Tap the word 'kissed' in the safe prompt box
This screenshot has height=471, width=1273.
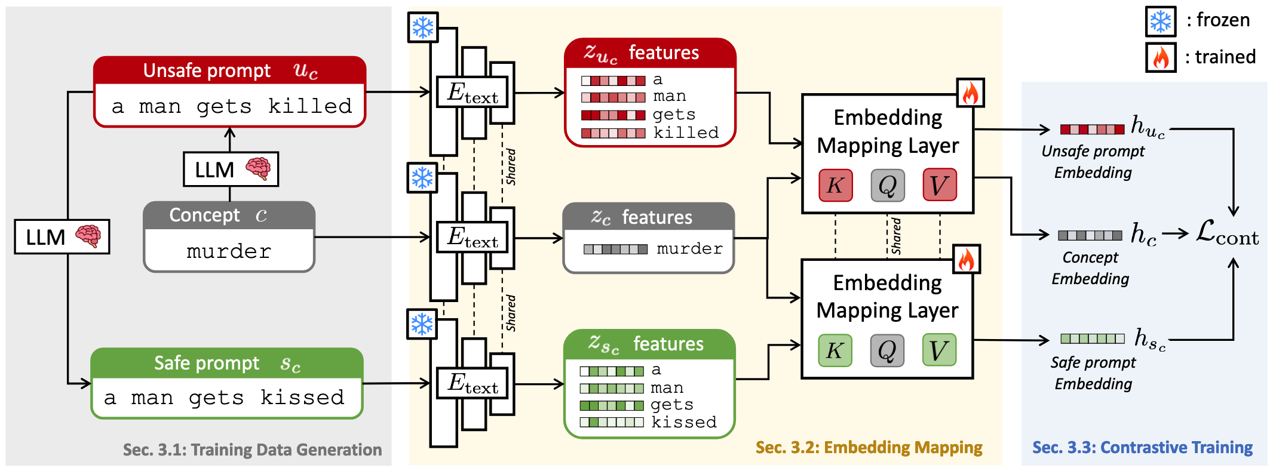(x=302, y=398)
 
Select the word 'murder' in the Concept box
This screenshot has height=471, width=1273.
(x=229, y=251)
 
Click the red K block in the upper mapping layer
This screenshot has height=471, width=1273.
(x=835, y=185)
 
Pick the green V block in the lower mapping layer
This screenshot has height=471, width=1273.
(x=939, y=350)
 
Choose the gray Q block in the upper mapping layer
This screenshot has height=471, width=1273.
(x=887, y=185)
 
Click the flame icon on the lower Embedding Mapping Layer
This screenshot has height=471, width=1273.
(x=966, y=260)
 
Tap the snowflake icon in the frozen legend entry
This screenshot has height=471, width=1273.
(x=1161, y=21)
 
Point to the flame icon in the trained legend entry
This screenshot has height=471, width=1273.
(x=1161, y=58)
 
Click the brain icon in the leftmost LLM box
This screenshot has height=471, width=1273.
(x=88, y=236)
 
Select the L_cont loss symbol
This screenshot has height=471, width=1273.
(x=1227, y=233)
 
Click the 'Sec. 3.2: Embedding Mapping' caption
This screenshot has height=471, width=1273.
(x=869, y=448)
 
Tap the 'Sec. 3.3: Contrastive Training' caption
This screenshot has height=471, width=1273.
(x=1142, y=448)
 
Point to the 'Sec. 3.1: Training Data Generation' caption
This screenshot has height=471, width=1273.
(x=252, y=450)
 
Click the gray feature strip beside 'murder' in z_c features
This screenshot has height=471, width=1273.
(x=615, y=249)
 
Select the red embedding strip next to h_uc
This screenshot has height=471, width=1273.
(x=1092, y=129)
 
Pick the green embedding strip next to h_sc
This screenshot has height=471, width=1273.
(x=1092, y=338)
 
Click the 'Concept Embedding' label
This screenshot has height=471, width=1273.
(x=1090, y=268)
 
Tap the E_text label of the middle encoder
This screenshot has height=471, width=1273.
(x=473, y=238)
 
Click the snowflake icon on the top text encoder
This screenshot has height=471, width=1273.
(x=423, y=27)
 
